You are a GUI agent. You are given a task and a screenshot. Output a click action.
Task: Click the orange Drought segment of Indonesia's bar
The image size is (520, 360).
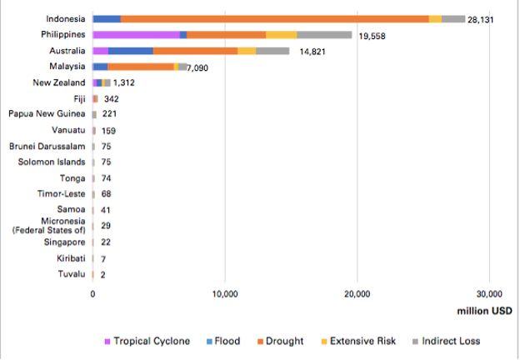coord(275,18)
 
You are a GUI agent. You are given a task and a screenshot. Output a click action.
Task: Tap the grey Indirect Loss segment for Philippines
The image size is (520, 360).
coord(324,34)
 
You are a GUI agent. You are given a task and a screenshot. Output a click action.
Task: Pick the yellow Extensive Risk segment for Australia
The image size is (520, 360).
coord(247,51)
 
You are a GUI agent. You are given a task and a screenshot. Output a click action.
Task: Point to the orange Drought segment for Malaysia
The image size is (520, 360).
coord(141,67)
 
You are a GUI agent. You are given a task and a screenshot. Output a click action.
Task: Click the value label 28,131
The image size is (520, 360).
coord(480,19)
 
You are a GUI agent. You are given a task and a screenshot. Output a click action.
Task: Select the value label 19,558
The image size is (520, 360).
coord(372,37)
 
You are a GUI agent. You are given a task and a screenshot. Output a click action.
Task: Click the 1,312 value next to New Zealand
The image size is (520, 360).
coord(123,82)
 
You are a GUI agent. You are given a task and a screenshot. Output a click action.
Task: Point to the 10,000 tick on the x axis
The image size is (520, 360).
coord(225,293)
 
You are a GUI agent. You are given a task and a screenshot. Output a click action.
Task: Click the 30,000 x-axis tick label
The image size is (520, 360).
coord(489,293)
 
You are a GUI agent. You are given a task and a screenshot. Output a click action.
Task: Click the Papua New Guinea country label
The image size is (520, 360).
coord(47,114)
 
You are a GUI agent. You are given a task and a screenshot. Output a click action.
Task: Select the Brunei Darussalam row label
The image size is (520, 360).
coord(47,146)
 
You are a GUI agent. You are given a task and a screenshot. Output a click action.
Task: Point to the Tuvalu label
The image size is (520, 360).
coord(72,274)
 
